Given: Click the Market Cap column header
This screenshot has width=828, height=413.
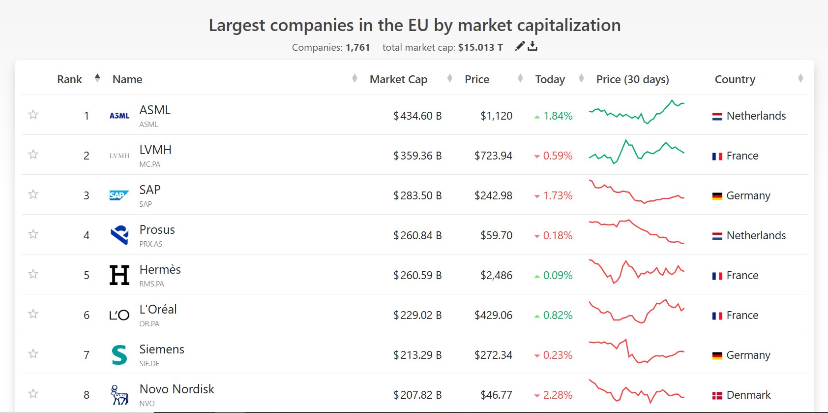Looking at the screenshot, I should coord(398,79).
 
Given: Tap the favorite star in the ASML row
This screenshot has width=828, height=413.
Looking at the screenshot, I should coord(33,115).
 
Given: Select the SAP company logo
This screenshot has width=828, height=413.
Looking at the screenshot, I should coord(119,195).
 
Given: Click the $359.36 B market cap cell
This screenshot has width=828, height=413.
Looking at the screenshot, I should coord(417,156).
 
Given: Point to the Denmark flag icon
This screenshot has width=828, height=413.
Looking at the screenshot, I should coord(717,395).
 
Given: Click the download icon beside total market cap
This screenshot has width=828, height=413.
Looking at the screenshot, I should coord(532,46).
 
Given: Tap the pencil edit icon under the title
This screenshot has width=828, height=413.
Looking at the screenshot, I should coord(520,46).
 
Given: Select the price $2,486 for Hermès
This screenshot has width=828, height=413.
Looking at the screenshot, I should coord(496,275).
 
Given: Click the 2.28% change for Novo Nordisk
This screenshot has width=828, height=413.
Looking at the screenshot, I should coord(558,395).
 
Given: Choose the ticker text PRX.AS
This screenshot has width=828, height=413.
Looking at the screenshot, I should coord(150,244).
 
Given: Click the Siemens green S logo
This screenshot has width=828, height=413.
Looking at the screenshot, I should coord(119,355).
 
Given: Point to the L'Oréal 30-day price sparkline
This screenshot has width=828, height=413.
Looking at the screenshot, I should coord(636,311).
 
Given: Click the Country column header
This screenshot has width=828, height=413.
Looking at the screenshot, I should coord(735,79).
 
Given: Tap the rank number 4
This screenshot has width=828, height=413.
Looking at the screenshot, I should coord(87,235).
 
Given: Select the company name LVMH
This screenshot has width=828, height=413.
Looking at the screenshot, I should coord(155,150).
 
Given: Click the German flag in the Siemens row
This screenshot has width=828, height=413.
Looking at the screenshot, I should coord(717,355).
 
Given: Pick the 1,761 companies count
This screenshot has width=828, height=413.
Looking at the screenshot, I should coord(357,47).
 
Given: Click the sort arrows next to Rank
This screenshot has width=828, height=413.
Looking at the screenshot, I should coord(97,78).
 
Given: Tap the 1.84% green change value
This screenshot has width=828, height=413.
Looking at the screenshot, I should coord(558,116).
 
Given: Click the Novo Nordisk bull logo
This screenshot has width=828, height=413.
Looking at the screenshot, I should coord(119,395).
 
